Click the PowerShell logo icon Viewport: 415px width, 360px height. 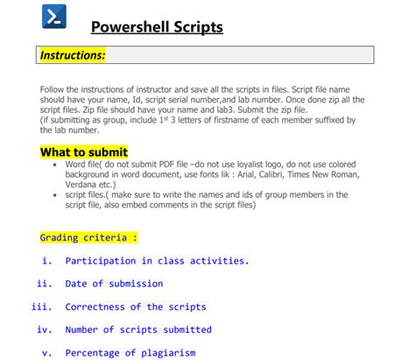[x=55, y=18]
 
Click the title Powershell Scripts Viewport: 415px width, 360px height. [x=158, y=27]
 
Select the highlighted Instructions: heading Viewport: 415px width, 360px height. [x=73, y=55]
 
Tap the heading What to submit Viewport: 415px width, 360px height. [x=84, y=152]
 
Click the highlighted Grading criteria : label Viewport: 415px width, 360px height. [x=88, y=237]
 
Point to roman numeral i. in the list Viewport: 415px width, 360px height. [x=47, y=260]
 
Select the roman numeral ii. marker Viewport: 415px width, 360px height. [x=45, y=283]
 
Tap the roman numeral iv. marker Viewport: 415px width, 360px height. [x=45, y=329]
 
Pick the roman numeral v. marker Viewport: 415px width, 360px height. [x=47, y=353]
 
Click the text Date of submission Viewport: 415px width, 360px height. [x=114, y=283]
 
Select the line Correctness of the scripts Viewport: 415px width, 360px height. [x=136, y=307]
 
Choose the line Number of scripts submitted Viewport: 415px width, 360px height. [x=138, y=329]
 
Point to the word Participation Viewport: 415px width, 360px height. [x=100, y=260]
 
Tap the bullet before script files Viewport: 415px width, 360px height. [x=56, y=195]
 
